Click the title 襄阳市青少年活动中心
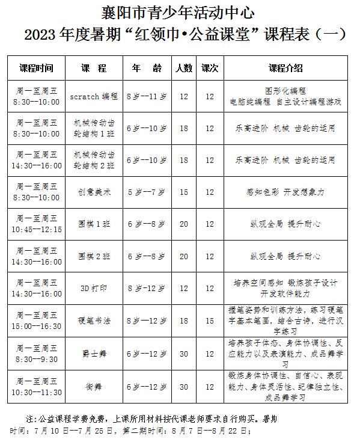179,11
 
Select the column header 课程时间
36,68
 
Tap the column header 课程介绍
285,68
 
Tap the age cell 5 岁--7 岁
147,192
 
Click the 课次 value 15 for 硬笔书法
209,321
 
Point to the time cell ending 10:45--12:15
36,229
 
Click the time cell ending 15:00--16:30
36,326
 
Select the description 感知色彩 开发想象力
285,192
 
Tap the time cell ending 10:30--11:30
36,391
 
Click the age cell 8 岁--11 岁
147,96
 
